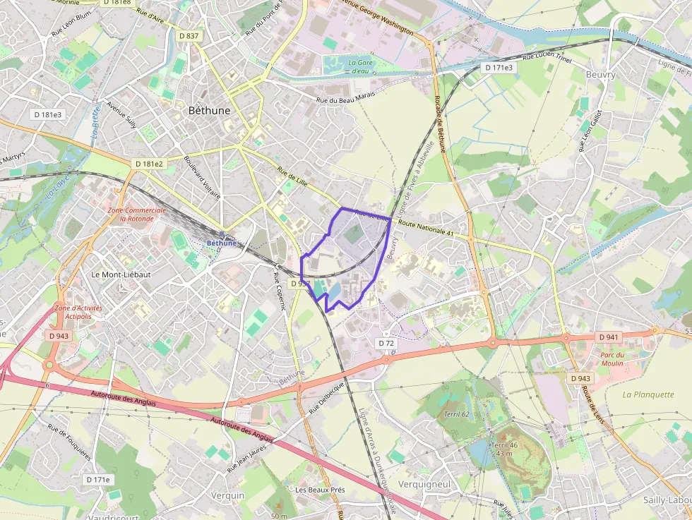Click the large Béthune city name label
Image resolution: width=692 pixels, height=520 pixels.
[210, 111]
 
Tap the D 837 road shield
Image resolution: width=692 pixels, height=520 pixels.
[189, 35]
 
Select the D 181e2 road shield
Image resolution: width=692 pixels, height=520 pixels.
[148, 164]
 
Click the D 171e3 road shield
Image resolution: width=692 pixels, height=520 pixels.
[499, 67]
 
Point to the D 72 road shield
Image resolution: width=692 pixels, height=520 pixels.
[386, 343]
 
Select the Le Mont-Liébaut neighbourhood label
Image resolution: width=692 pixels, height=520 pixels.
[121, 274]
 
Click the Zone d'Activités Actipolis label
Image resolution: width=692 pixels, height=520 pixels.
[78, 312]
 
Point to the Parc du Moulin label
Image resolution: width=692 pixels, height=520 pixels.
[612, 359]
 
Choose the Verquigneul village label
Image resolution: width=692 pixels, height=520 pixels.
[424, 485]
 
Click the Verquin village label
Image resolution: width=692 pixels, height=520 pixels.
[227, 495]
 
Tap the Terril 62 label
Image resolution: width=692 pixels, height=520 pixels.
[457, 413]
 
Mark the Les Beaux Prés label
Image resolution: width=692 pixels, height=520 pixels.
[320, 490]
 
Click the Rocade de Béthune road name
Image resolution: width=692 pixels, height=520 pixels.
[441, 124]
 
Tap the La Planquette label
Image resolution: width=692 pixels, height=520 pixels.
[648, 394]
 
